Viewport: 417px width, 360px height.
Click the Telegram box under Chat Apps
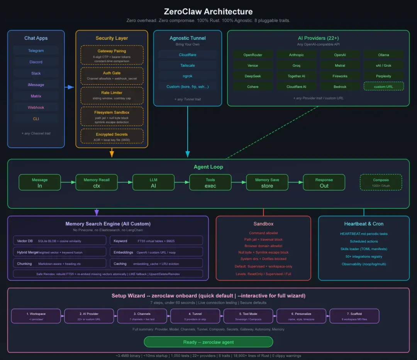[x=36, y=51]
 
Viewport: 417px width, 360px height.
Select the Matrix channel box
[x=36, y=96]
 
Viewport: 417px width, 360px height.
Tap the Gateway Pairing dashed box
[x=112, y=56]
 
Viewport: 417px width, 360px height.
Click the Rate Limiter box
[x=112, y=95]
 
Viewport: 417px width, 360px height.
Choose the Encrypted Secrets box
[x=112, y=137]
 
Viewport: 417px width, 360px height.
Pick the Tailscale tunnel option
[x=188, y=65]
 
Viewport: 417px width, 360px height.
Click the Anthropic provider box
[x=297, y=55]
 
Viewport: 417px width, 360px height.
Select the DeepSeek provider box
[x=253, y=76]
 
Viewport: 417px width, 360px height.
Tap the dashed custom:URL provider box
[x=383, y=86]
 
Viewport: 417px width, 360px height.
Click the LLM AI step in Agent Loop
[x=153, y=183]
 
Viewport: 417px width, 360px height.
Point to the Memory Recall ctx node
[x=97, y=183]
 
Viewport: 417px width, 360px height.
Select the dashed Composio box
[x=381, y=183]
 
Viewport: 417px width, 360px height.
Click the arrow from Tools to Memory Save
[x=239, y=183]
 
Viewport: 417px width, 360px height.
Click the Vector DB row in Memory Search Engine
[x=59, y=241]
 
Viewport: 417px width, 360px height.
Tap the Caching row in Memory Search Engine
[x=156, y=264]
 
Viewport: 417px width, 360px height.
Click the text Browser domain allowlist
[x=263, y=246]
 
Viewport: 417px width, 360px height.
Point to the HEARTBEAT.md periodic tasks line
[x=364, y=234]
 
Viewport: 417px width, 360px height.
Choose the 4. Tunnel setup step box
[x=195, y=316]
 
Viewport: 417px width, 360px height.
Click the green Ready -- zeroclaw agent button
[x=208, y=342]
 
